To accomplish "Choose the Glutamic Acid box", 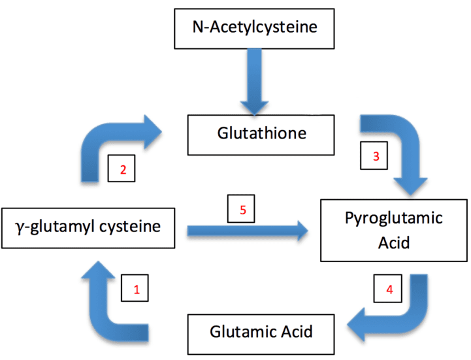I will [x=261, y=331].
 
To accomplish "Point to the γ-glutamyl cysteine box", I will [x=88, y=228].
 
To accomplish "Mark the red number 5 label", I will [x=242, y=210].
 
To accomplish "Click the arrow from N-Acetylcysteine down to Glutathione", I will [x=253, y=82].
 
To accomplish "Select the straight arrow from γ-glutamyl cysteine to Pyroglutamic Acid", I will [x=248, y=230].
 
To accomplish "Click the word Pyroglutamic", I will [x=394, y=217].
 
